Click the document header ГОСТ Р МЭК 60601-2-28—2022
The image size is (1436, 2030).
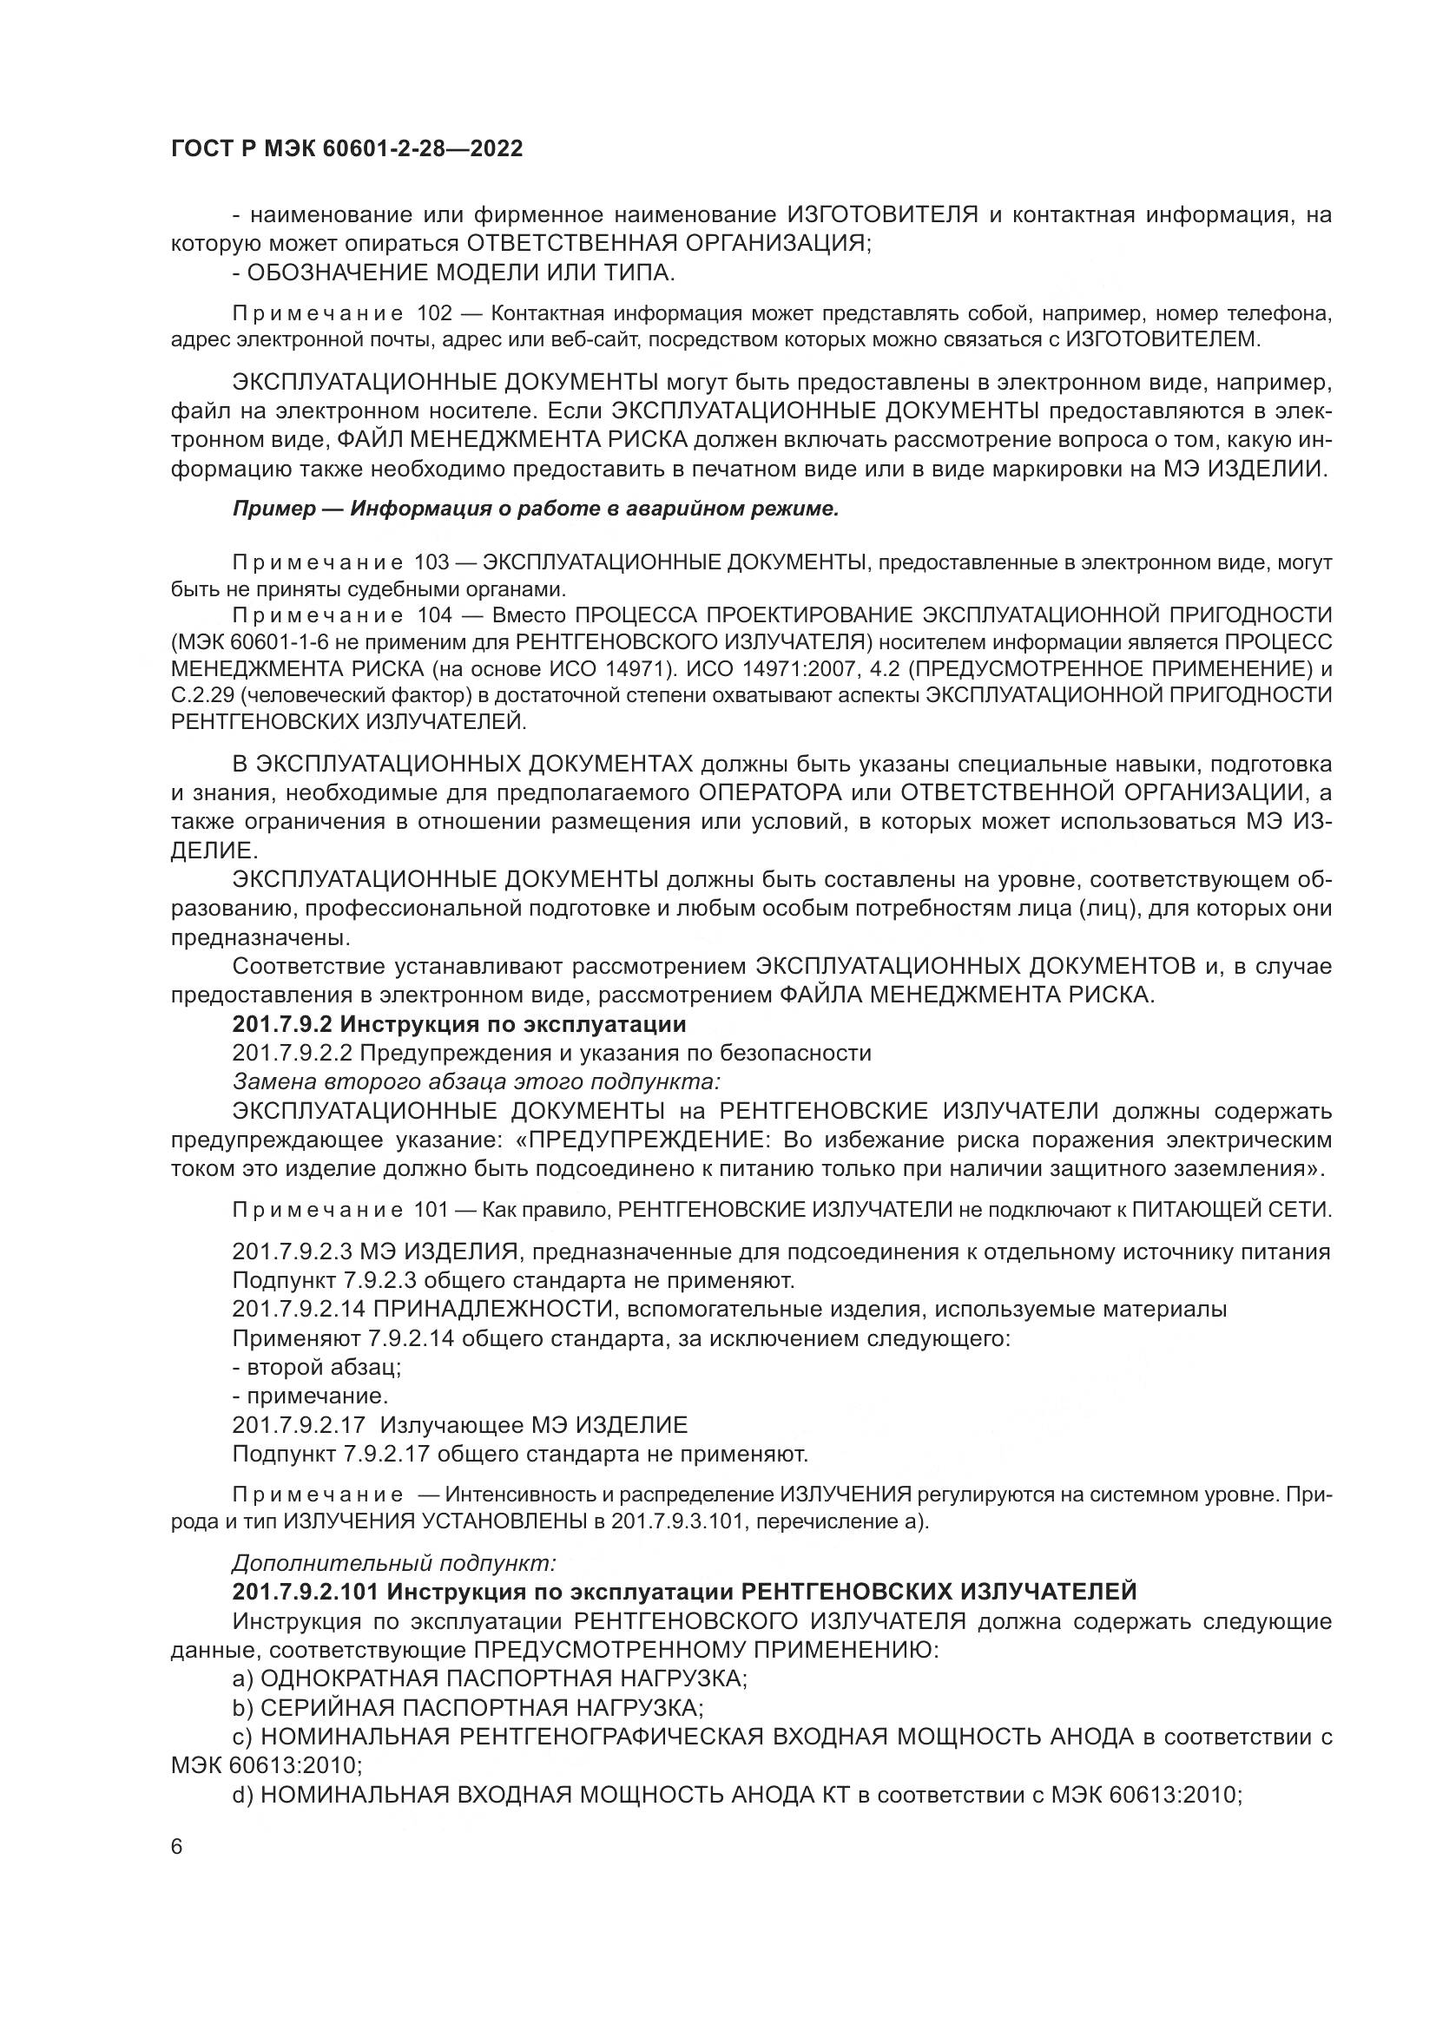[346, 148]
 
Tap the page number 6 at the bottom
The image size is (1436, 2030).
[177, 1847]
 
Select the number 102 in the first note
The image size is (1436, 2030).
[433, 314]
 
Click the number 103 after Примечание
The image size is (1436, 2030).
[431, 563]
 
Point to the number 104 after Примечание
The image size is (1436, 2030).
[433, 615]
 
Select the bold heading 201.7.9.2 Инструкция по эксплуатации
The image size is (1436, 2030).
[459, 1025]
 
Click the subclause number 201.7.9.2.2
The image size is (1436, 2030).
[292, 1053]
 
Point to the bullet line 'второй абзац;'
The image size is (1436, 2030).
[317, 1367]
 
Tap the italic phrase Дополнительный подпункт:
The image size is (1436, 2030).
[393, 1563]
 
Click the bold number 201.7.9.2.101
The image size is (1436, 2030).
[305, 1592]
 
